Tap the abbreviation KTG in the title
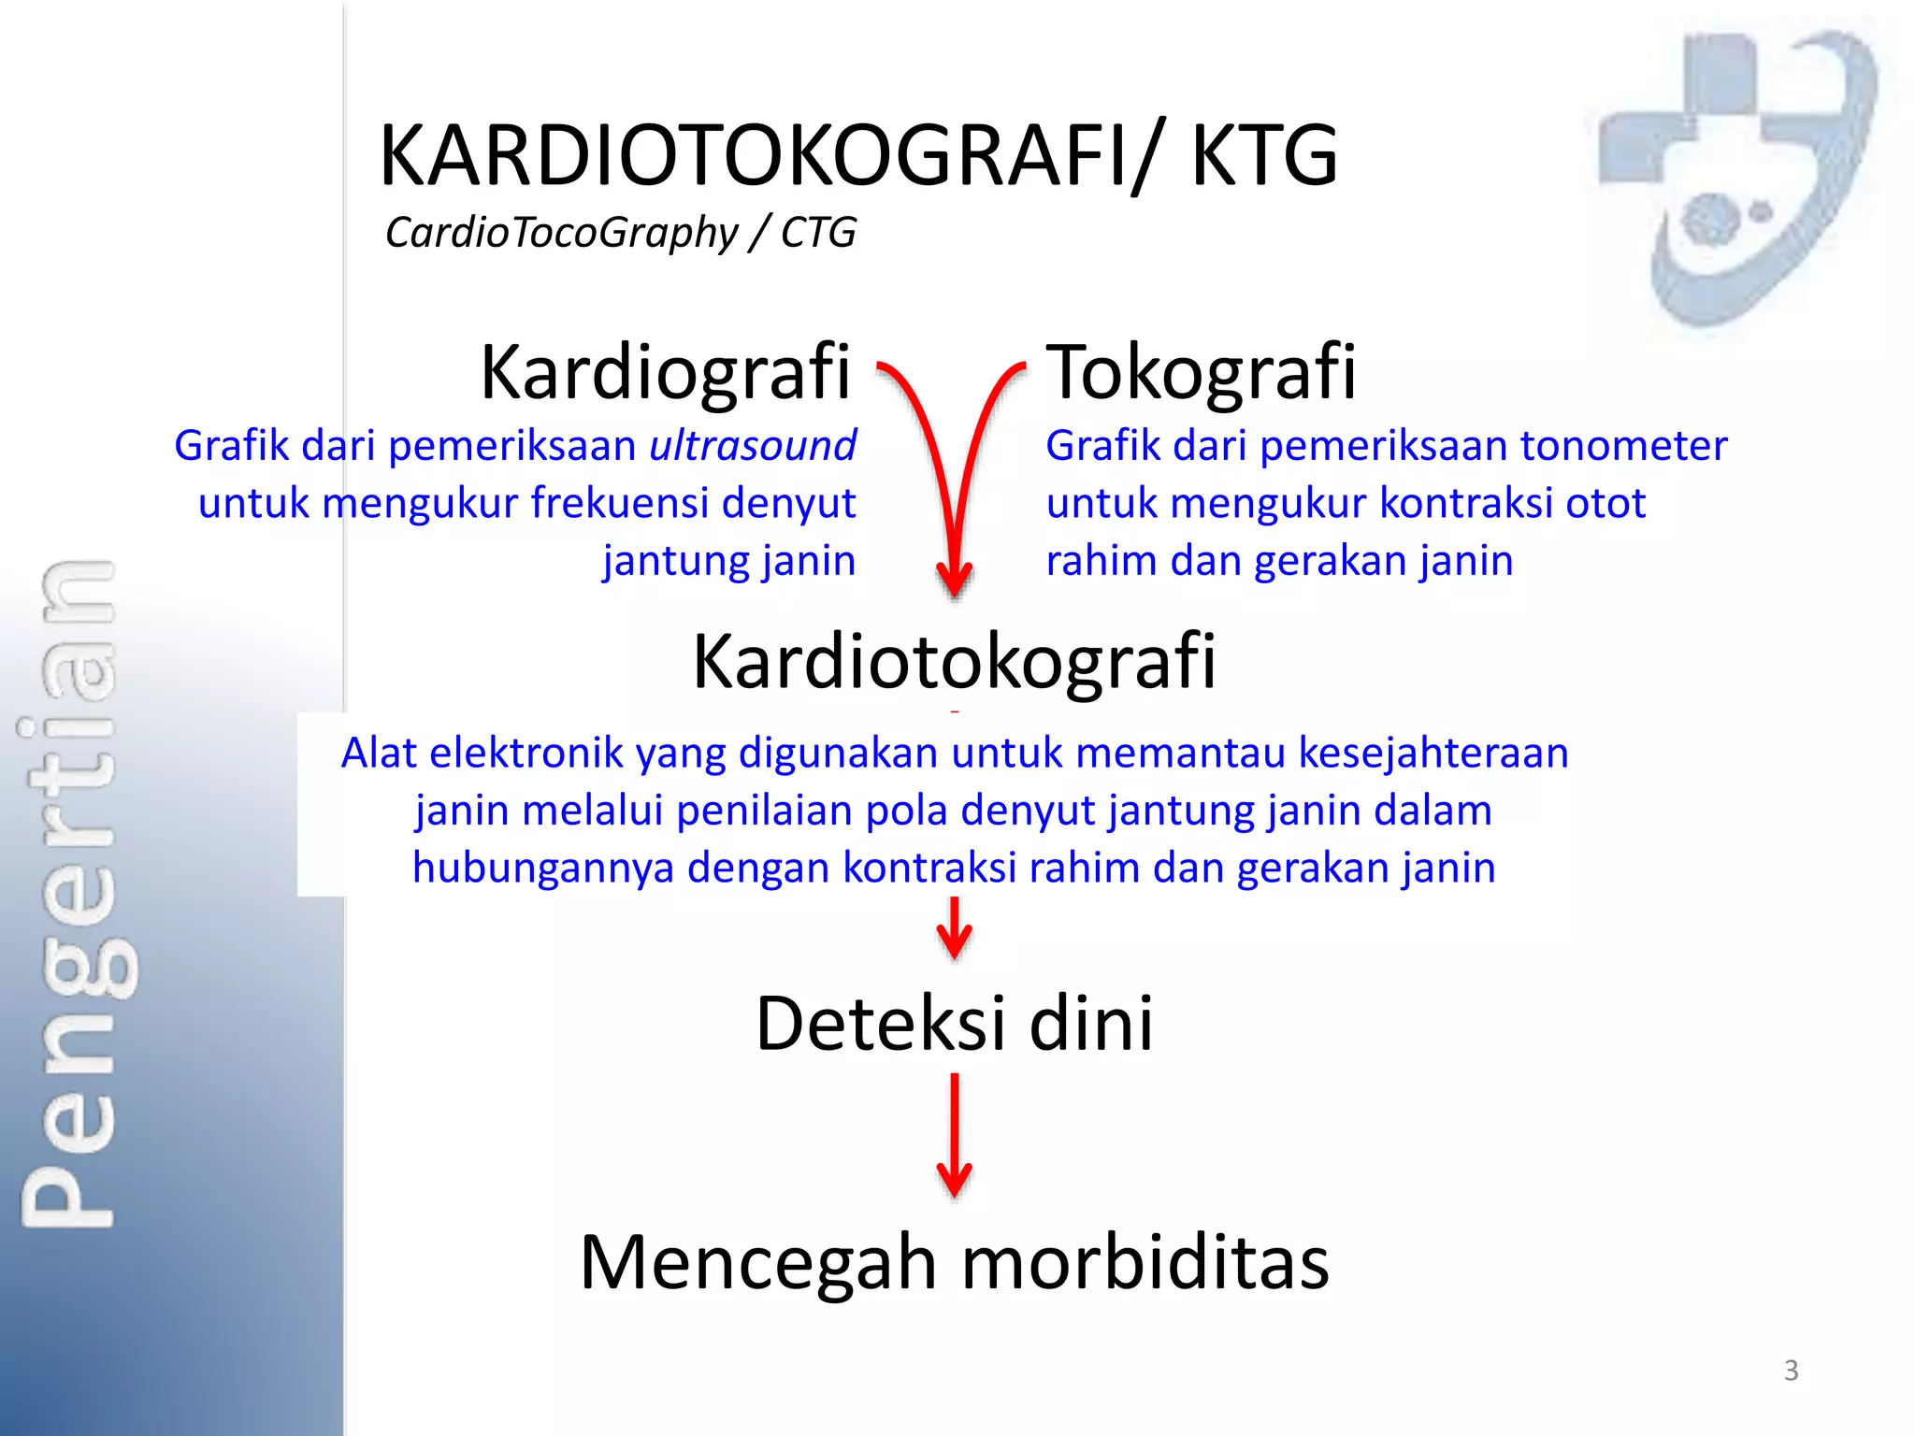1264,156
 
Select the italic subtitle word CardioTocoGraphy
561,233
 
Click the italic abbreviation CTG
818,233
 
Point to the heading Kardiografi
666,372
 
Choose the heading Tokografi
1202,372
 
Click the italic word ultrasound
753,445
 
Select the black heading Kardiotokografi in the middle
954,662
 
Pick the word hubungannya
542,868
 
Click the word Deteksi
880,1024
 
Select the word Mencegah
757,1263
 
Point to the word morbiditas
1145,1263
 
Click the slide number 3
1791,1371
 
